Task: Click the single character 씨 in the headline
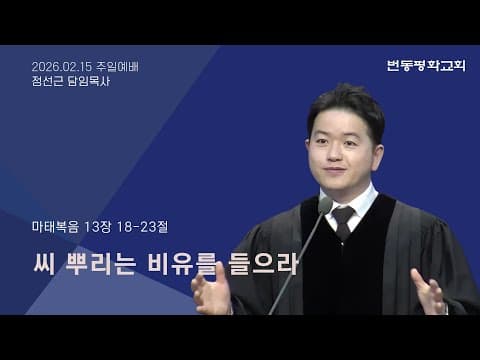[45, 264]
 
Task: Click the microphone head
[325, 206]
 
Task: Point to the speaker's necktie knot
[343, 214]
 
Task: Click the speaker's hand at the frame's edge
[429, 292]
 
